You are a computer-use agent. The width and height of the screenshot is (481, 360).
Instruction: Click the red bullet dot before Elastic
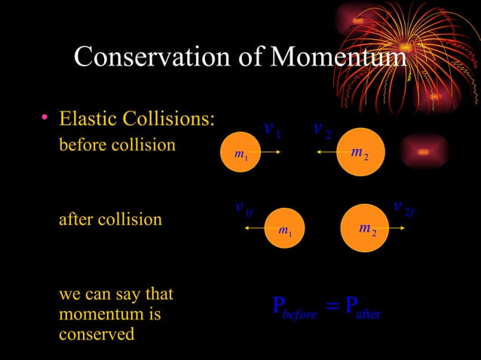pyautogui.click(x=45, y=118)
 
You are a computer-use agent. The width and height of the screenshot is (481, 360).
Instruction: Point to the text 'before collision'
pyautogui.click(x=117, y=144)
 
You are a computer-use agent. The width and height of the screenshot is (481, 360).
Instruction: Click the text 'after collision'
pyautogui.click(x=110, y=220)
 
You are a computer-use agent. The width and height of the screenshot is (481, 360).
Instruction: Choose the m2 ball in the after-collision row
pyautogui.click(x=366, y=227)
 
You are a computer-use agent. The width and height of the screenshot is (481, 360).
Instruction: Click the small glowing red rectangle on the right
pyautogui.click(x=424, y=151)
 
